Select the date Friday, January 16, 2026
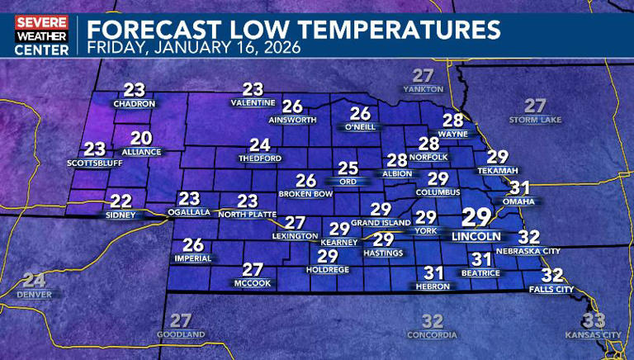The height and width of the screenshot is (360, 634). (x=194, y=48)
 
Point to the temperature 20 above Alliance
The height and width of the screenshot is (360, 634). (x=141, y=139)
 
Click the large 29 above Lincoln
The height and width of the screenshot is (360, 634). (x=475, y=217)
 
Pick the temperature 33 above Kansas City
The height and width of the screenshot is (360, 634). (x=594, y=320)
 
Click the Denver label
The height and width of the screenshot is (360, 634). (x=34, y=294)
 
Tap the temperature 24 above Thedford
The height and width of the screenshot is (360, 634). (x=260, y=144)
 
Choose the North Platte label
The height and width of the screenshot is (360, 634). (x=247, y=214)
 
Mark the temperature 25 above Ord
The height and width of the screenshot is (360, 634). (x=348, y=168)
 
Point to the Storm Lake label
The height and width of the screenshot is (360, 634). (x=536, y=120)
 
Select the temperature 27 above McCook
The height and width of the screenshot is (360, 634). (x=253, y=269)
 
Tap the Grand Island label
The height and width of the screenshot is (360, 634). (x=381, y=223)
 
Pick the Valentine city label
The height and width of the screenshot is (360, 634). (x=253, y=102)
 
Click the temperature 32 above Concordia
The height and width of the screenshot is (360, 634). (x=433, y=321)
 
